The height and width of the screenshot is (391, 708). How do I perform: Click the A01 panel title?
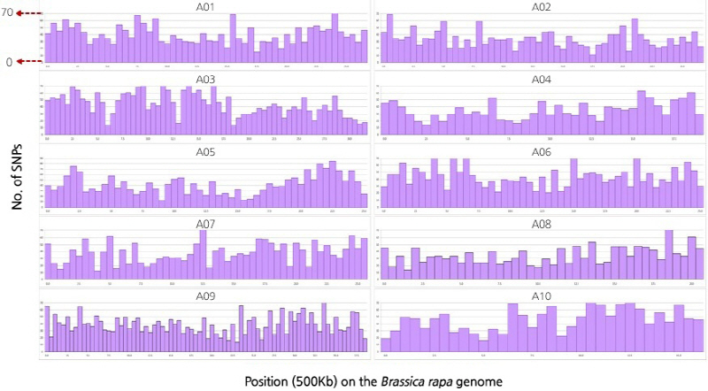[205, 8]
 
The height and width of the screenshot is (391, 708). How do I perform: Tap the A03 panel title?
[205, 80]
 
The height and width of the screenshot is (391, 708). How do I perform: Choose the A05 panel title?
[205, 151]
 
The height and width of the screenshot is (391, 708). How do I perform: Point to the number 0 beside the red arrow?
[8, 61]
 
